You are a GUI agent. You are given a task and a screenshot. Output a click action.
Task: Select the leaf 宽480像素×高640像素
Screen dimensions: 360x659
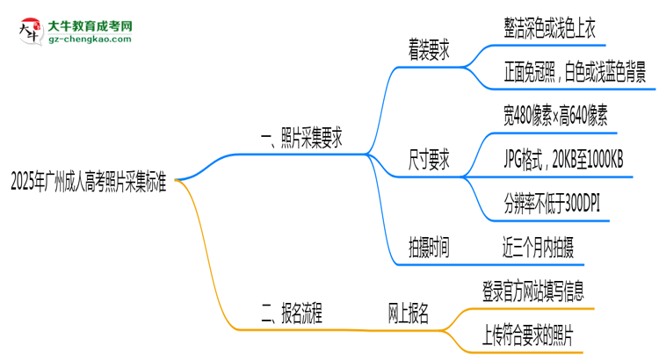552,114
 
